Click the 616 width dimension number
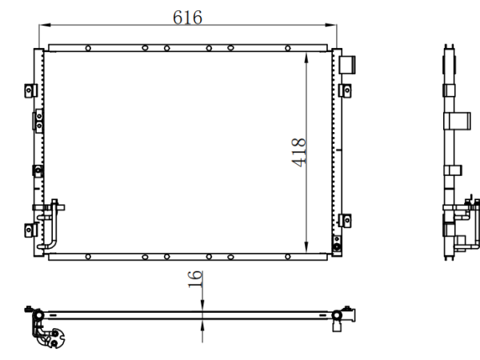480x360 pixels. click(187, 17)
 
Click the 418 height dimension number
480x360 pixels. click(298, 153)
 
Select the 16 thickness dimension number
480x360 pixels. click(195, 279)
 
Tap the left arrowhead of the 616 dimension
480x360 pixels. click(45, 25)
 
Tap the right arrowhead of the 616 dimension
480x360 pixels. click(331, 25)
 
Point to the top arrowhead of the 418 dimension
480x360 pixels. click(306, 58)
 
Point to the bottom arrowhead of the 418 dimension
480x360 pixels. click(306, 247)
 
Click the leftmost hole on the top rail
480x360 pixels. click(88, 48)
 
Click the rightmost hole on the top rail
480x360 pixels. click(288, 48)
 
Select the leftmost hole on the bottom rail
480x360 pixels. click(88, 257)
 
